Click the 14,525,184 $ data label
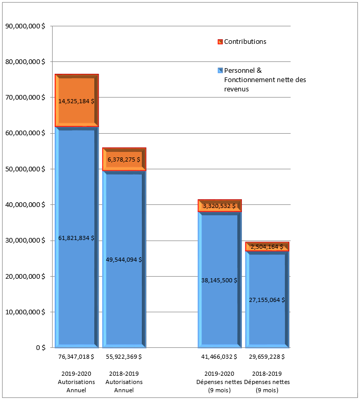pos(76,101)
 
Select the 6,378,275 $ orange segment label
pos(124,159)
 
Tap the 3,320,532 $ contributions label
pos(219,206)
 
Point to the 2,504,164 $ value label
pos(267,247)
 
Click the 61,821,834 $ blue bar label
pos(76,238)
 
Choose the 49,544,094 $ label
pos(124,260)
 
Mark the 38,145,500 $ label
pos(219,280)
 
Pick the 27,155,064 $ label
pos(267,299)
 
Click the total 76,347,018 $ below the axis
pos(76,356)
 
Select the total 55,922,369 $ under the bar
pos(124,356)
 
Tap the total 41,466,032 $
pos(219,356)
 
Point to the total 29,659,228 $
pos(267,356)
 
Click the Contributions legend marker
pos(220,42)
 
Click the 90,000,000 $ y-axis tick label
pos(24,26)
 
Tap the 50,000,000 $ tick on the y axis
pos(24,169)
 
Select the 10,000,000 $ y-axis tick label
pos(24,312)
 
